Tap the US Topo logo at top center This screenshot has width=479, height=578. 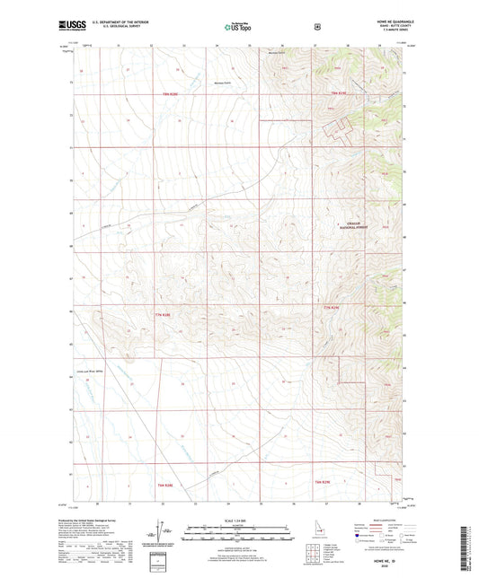(x=237, y=28)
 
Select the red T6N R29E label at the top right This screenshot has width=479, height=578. (x=337, y=93)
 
